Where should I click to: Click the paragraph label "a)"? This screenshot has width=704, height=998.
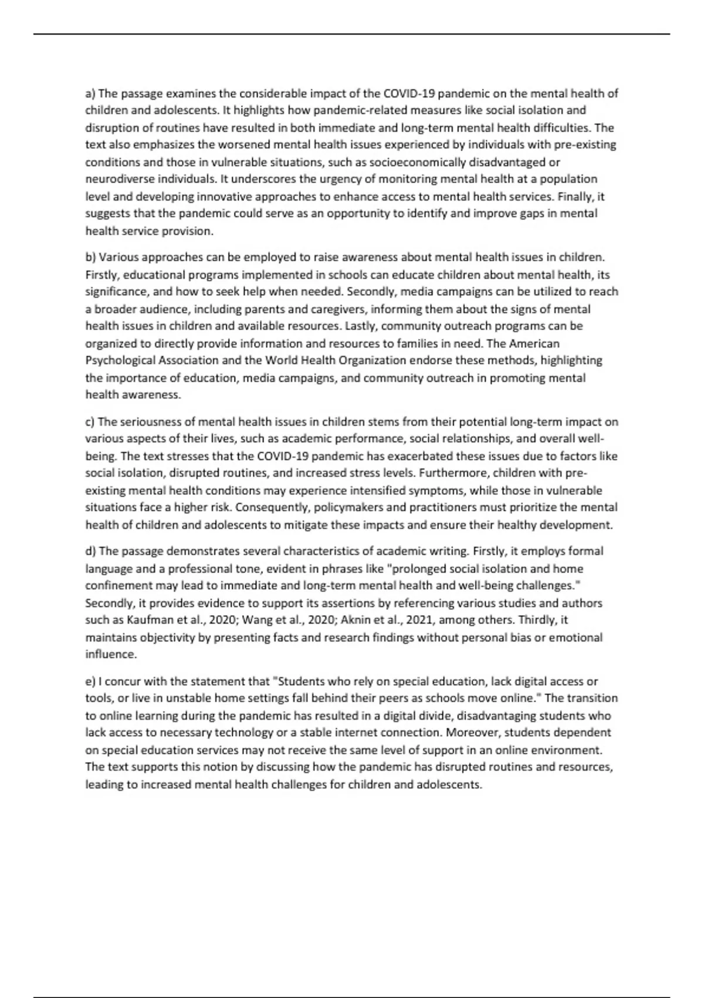point(90,93)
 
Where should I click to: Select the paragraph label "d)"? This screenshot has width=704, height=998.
point(90,551)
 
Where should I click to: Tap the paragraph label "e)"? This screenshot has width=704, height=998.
point(90,682)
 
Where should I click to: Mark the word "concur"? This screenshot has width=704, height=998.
point(121,682)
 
